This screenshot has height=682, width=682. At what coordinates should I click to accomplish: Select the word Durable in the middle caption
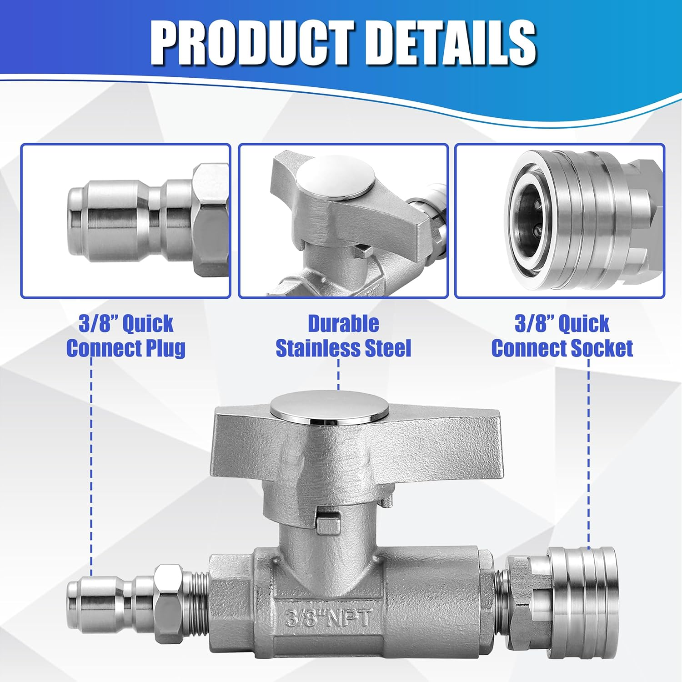click(x=343, y=324)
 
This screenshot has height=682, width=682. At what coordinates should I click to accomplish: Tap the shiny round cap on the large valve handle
click(x=329, y=408)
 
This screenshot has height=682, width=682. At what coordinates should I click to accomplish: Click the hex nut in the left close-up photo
click(x=210, y=221)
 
